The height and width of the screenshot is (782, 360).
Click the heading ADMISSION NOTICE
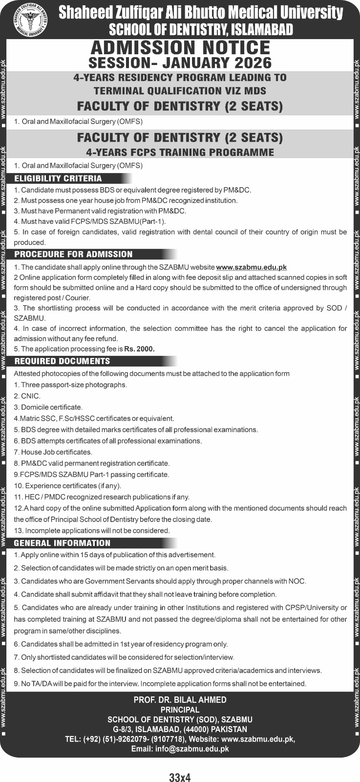point(180,48)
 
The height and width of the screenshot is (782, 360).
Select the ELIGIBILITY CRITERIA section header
point(58,178)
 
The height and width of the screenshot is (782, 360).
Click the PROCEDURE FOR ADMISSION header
point(73,254)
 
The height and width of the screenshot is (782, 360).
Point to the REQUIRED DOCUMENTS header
point(62,361)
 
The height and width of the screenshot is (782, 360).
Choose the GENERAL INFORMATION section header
point(62,543)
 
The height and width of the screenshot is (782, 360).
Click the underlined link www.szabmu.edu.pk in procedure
point(251,267)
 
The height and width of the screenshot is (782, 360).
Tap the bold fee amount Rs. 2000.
point(139,349)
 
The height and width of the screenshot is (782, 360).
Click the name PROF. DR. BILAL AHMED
point(180,700)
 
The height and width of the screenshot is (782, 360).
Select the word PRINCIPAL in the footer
point(180,710)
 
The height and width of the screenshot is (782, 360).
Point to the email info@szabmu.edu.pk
point(180,749)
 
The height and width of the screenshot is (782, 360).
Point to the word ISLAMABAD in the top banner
point(260,30)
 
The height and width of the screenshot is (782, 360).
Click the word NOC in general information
point(297,581)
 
